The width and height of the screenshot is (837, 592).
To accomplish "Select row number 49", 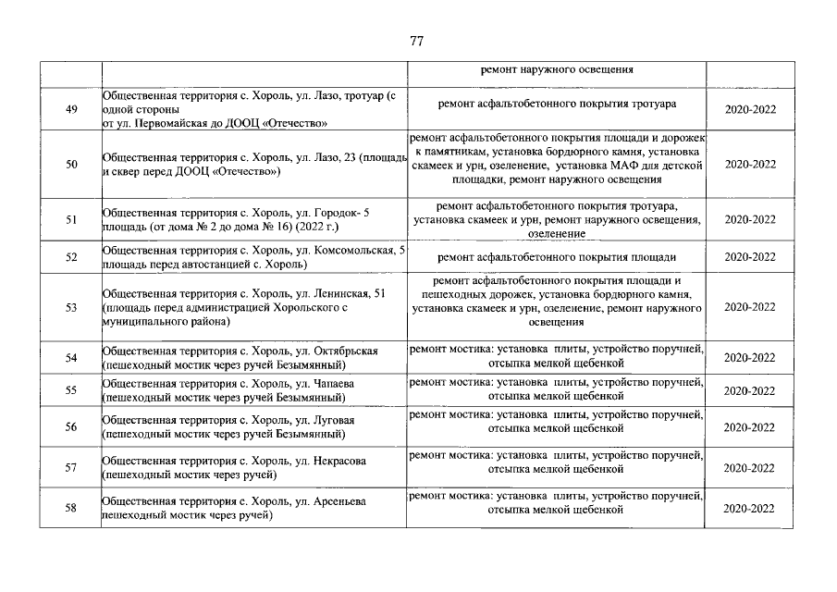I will pos(71,109).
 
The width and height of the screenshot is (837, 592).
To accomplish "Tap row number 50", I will pos(71,164).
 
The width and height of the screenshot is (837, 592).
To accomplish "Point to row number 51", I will pos(71,220).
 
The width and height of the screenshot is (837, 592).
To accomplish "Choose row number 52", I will pos(71,257).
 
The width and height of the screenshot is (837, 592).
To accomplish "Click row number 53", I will pos(71,308).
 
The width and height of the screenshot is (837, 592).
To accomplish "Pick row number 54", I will pos(71,357).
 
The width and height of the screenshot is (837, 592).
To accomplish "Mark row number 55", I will pos(71,390).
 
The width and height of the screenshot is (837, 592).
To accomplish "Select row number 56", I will pos(71,427).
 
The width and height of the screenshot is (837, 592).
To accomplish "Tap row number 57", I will pos(71,468).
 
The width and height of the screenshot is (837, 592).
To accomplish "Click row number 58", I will pos(71,509).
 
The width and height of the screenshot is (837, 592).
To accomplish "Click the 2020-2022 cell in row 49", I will pos(750,109).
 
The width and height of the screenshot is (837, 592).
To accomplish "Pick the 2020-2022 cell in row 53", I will pos(750,308).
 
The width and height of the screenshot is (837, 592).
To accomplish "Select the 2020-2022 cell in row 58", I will pos(750,509).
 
